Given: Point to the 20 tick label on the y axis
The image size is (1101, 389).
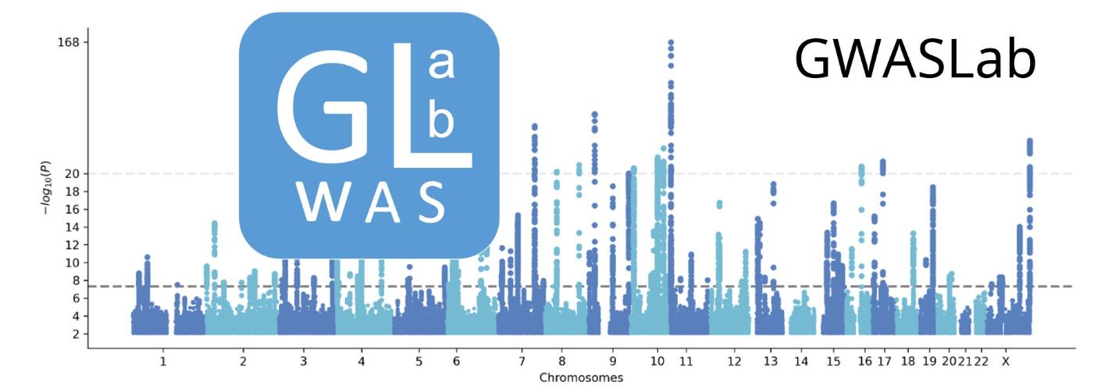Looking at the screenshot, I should pos(72,173).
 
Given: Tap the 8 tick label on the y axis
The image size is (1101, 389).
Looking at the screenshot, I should pos(75,280).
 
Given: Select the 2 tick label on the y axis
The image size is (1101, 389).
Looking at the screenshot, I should pos(75,334).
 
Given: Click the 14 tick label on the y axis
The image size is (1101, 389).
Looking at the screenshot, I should pos(72,227).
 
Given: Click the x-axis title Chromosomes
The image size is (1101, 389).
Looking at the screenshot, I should pos(581,378).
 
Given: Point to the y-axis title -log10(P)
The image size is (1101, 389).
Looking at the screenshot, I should pos(45,187).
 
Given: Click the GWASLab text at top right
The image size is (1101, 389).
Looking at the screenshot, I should pos(915,60).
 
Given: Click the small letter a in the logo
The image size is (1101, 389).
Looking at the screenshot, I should pos(442,67).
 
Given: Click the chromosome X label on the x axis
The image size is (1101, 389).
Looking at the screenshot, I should pos(1006,362).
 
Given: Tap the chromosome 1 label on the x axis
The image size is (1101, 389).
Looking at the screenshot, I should pos(163,362).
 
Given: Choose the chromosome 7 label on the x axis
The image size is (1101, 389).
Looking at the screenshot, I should pos(522,362).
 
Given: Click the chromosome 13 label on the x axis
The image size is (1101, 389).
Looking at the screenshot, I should pos(771,362).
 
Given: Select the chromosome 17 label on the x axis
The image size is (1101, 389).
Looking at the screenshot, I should pos(884,362).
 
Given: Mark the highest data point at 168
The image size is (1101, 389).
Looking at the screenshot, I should pos(670,42).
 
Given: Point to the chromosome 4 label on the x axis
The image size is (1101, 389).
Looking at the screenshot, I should pos(362,362).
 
